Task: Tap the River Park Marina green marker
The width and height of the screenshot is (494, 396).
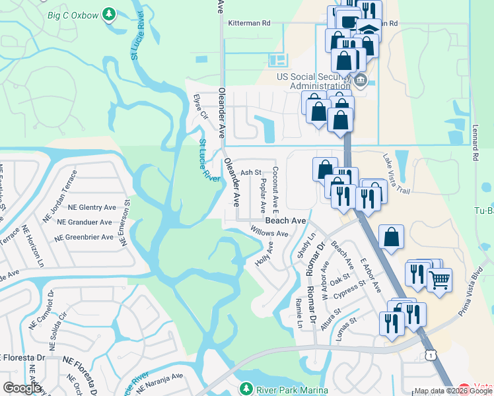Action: pos(246,388)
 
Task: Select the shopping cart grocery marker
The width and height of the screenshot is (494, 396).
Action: pos(439,280)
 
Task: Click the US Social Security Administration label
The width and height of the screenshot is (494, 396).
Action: pos(313,81)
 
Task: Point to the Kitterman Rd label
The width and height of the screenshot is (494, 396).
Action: pos(249,22)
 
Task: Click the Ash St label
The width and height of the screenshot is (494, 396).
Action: pos(251,172)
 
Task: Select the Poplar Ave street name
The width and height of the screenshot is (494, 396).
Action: pos(263,193)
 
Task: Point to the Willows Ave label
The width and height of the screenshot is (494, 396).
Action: pos(269,232)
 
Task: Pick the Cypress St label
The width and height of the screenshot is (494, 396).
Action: pos(349,290)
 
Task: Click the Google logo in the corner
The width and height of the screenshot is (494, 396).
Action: pos(22,388)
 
